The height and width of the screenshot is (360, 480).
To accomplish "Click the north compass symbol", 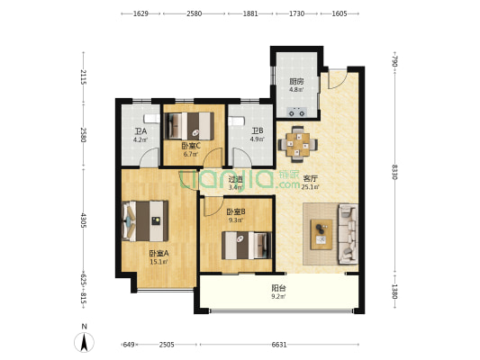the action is pos(84,342).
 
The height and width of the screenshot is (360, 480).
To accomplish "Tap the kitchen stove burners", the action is pos(297,112).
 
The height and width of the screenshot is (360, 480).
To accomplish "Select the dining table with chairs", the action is pos(297,144).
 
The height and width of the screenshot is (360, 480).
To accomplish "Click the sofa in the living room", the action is pos(348,234).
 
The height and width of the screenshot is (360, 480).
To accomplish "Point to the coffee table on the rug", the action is pos(322,234).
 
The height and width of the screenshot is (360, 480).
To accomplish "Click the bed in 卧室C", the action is pos(189,126).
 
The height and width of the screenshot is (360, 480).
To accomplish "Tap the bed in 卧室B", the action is pos(247,246).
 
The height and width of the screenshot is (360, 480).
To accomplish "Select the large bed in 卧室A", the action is pos(145,220).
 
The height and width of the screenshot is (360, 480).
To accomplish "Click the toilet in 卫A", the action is pos(152,119).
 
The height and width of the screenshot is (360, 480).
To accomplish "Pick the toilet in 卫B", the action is pos(236,121).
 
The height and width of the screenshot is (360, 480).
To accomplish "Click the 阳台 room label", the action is pos(278,288).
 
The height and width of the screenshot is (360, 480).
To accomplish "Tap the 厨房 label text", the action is pos(296,82).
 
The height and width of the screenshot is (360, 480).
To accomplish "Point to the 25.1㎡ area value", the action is pos(311,187).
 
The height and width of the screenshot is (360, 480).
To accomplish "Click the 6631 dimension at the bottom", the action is pos(279,345).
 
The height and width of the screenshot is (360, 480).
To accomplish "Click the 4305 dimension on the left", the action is pos(83,220).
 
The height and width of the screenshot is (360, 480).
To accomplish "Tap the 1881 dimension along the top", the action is pos(250,13).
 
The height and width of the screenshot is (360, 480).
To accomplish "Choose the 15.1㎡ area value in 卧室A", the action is pos(158,262).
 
